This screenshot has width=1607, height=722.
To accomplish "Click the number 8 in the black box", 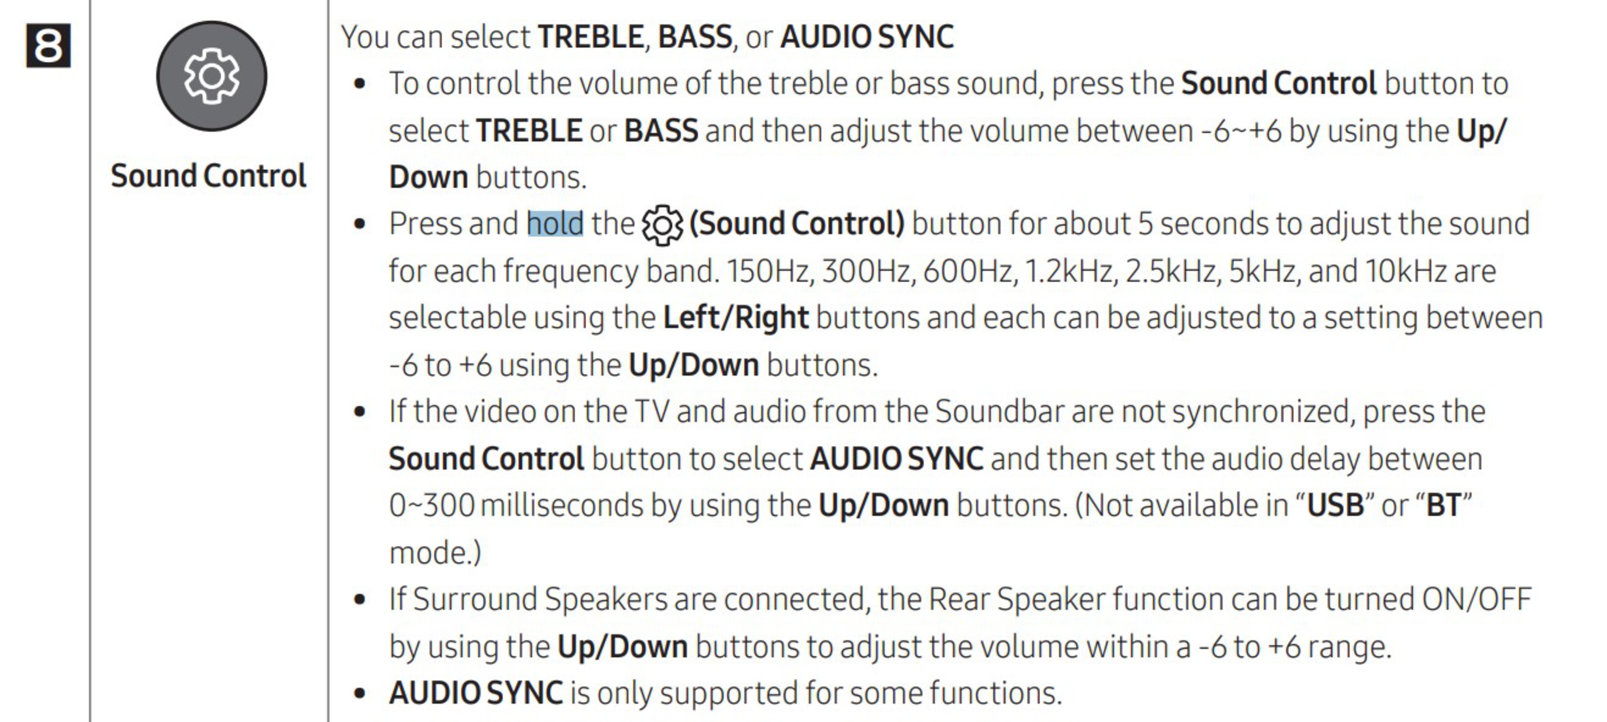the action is click(x=48, y=46).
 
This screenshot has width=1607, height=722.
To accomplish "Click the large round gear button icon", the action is click(x=211, y=76).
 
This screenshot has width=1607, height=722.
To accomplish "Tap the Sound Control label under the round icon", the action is click(x=208, y=176).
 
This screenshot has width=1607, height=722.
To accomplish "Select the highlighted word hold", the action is click(x=555, y=223).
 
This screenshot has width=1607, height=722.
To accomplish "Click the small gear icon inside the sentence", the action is click(x=662, y=225).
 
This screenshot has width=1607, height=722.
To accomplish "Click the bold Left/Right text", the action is click(x=736, y=318).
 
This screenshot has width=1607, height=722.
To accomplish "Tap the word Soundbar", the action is click(x=999, y=412).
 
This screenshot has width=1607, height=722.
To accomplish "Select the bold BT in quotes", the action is click(x=1443, y=506).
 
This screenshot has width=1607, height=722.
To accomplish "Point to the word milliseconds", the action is click(x=562, y=506).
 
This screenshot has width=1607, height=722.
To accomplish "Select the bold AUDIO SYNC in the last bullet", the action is click(x=476, y=693).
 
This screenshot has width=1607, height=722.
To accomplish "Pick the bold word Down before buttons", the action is click(x=429, y=178).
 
